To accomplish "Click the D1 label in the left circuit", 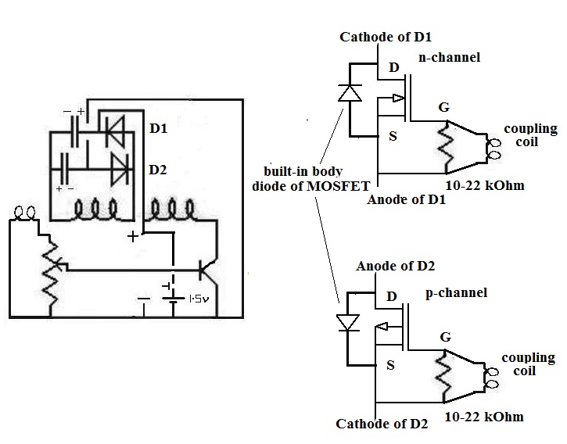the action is pyautogui.click(x=159, y=128).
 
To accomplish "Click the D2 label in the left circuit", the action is pyautogui.click(x=158, y=170).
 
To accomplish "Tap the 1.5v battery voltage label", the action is pyautogui.click(x=199, y=299).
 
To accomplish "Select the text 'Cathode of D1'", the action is pyautogui.click(x=386, y=37).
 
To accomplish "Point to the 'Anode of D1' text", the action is pyautogui.click(x=406, y=199).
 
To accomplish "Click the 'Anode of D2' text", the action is pyautogui.click(x=395, y=266).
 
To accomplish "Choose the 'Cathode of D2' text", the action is pyautogui.click(x=382, y=424).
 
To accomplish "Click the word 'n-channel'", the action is pyautogui.click(x=449, y=57).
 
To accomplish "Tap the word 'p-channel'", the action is pyautogui.click(x=456, y=292).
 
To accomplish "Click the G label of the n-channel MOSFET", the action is pyautogui.click(x=443, y=107).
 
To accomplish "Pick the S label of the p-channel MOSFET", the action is pyautogui.click(x=390, y=365).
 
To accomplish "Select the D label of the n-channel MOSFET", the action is pyautogui.click(x=394, y=67).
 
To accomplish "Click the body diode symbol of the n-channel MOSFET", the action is pyautogui.click(x=350, y=93).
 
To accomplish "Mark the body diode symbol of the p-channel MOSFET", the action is pyautogui.click(x=347, y=323).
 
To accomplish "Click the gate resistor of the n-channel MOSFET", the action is pyautogui.click(x=447, y=147).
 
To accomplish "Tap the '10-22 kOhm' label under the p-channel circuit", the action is pyautogui.click(x=484, y=417).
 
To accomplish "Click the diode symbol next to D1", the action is pyautogui.click(x=114, y=131).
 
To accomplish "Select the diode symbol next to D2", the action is pyautogui.click(x=120, y=169).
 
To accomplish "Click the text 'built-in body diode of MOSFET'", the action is pyautogui.click(x=310, y=179).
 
